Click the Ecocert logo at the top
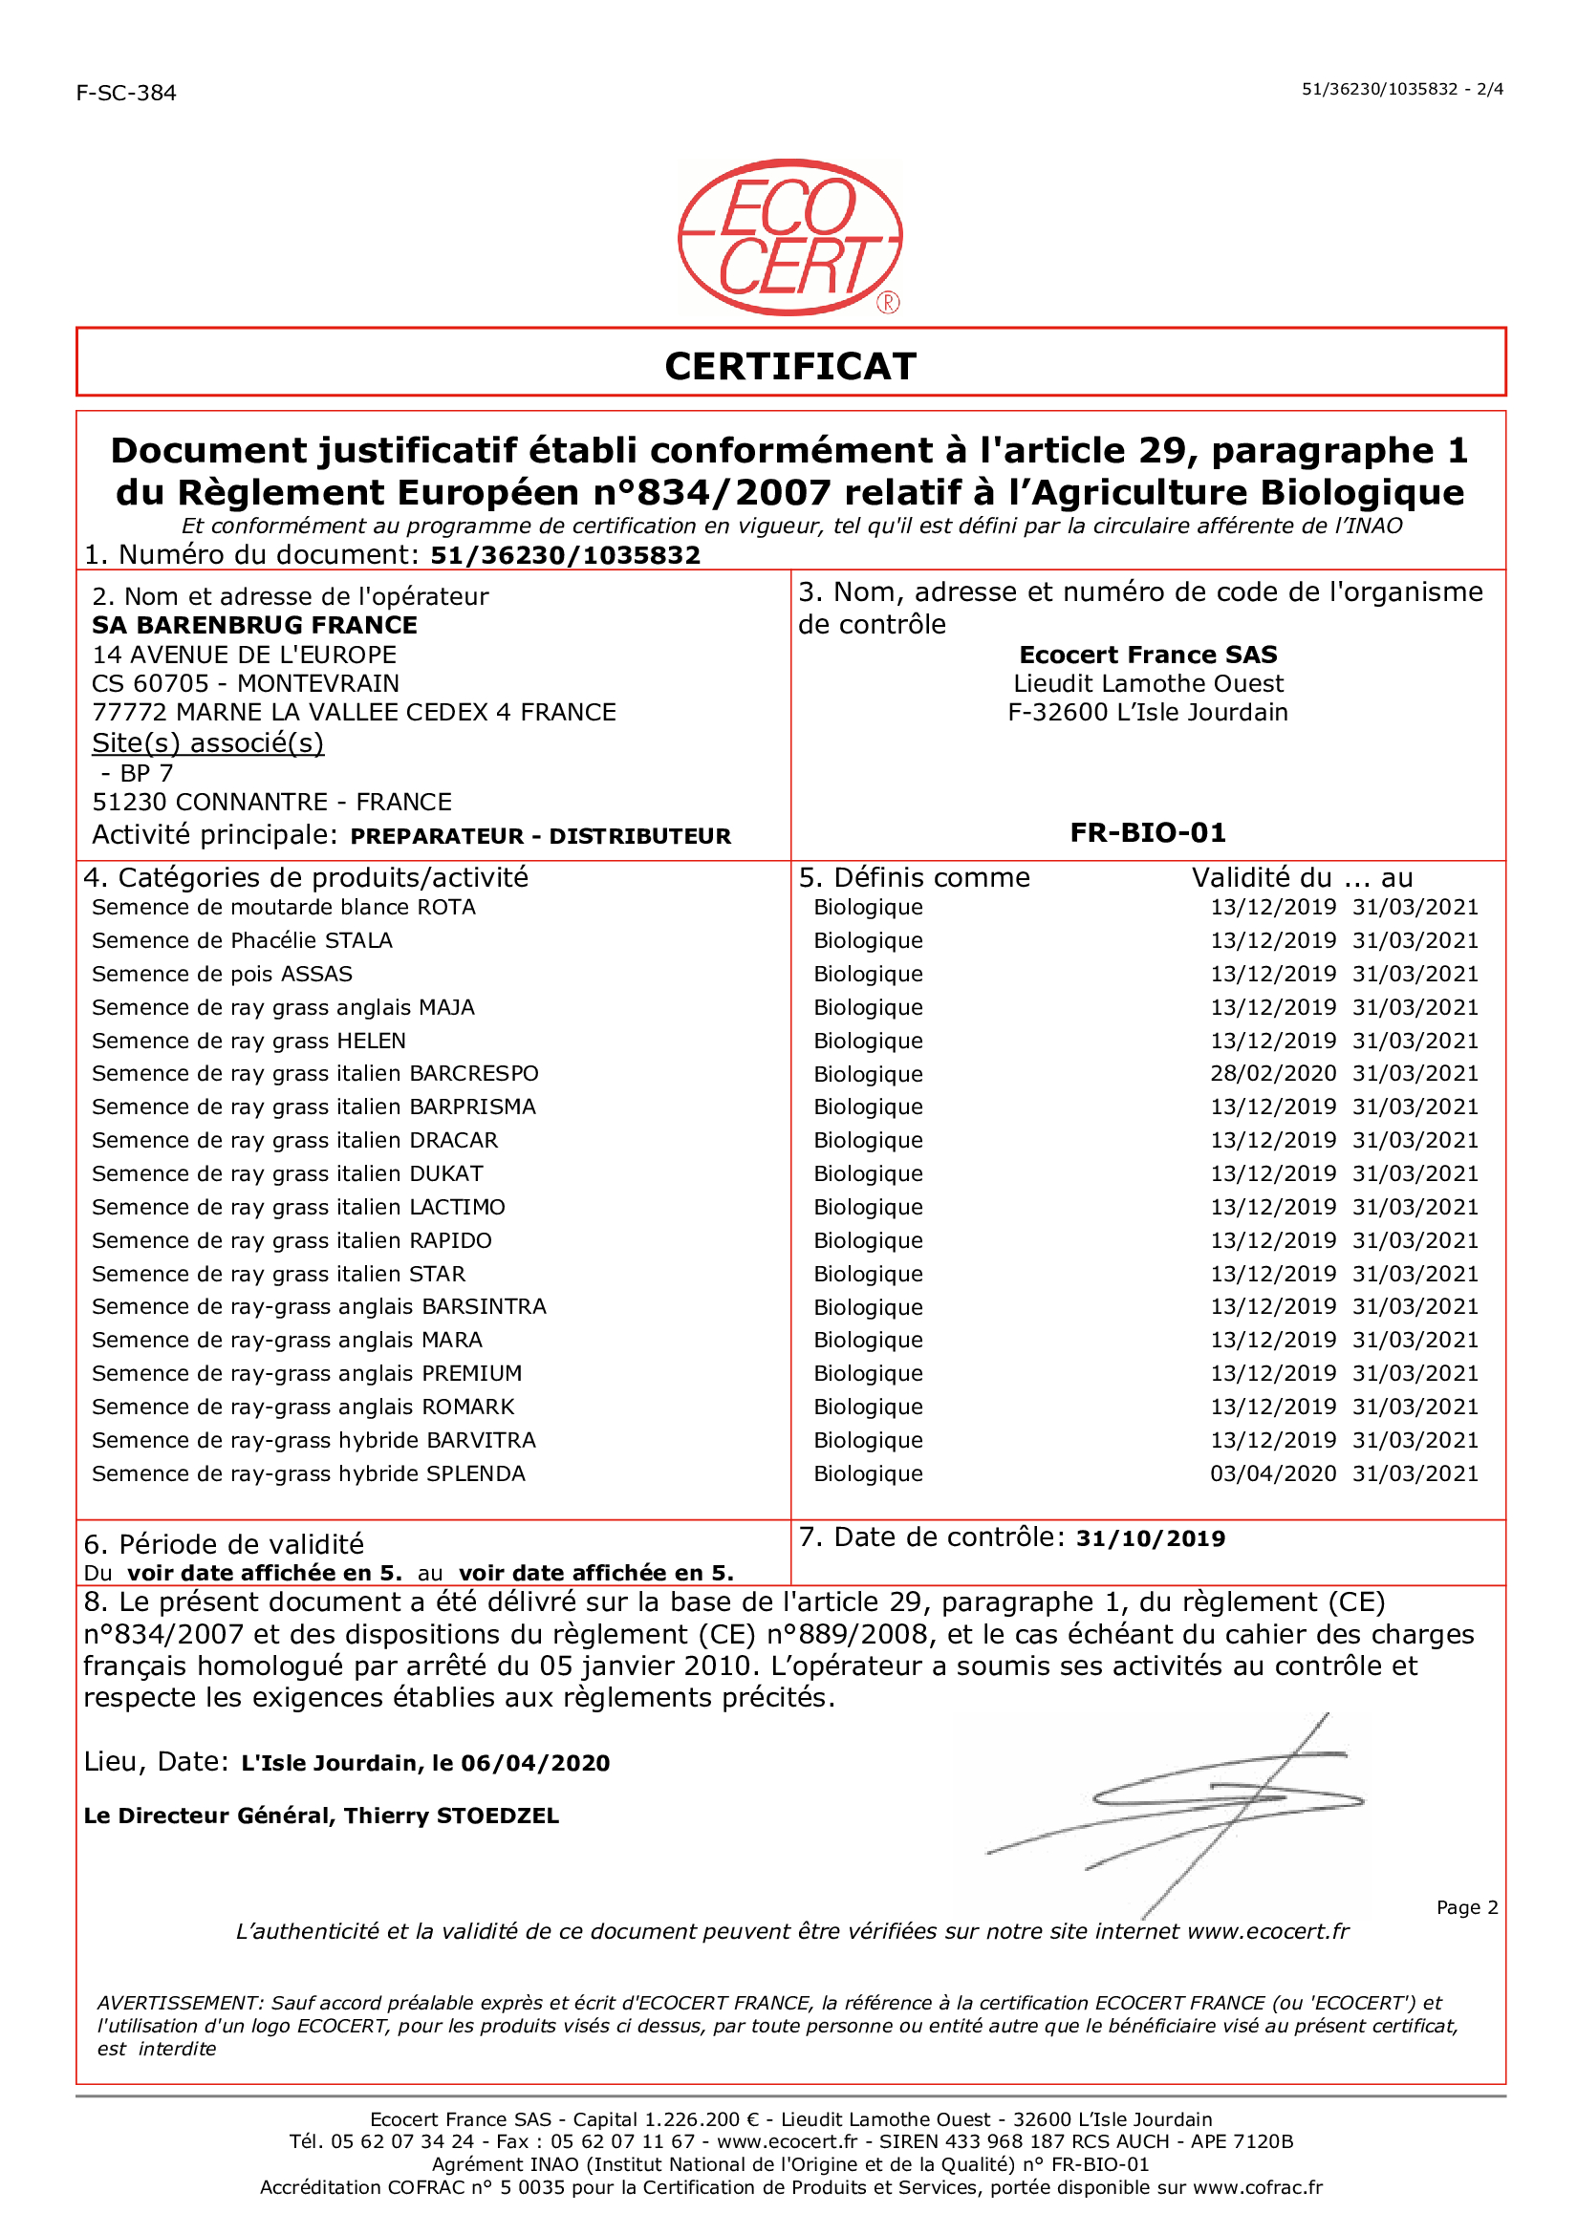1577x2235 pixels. point(789,238)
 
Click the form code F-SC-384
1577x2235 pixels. point(125,94)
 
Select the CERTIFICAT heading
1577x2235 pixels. point(789,367)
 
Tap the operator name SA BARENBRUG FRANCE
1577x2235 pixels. point(254,625)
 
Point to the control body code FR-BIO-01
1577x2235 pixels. point(1148,833)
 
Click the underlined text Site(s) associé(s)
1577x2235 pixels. point(207,742)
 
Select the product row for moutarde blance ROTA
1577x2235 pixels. point(283,907)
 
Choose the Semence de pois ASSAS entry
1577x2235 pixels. point(222,975)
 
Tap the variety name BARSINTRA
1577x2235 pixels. point(484,1307)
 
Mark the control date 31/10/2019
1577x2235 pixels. point(1150,1539)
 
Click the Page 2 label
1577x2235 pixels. point(1466,1908)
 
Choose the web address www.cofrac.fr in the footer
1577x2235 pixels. point(1258,2188)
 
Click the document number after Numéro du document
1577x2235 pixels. point(566,556)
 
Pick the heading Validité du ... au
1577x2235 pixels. point(1302,878)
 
